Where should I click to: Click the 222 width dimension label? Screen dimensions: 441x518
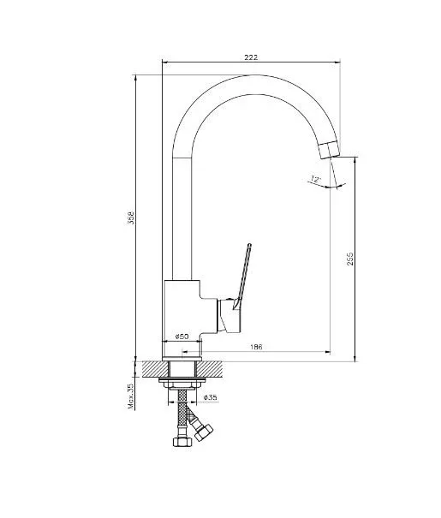(251, 57)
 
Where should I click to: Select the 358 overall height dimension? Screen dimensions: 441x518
(132, 218)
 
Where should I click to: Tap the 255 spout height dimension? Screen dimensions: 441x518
(350, 259)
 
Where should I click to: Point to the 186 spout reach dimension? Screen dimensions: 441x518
(256, 347)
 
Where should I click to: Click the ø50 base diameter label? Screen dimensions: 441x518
(182, 336)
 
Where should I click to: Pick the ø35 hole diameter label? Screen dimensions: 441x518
(211, 397)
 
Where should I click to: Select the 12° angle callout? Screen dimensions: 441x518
(316, 180)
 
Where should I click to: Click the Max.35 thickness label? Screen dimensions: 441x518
(131, 396)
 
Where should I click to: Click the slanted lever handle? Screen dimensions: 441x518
(243, 277)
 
